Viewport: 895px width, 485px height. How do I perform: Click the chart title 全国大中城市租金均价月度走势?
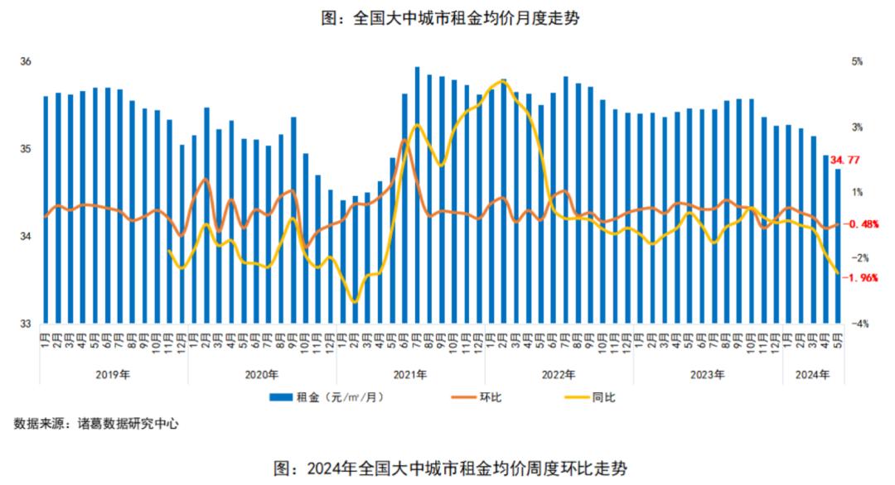(448, 18)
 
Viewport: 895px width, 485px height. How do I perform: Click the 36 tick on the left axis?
(25, 62)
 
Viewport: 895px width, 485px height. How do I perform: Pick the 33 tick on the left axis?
(25, 324)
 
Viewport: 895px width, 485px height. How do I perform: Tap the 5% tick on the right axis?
(856, 62)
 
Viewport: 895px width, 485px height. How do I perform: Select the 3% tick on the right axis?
(856, 127)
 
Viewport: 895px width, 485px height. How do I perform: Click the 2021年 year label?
(410, 375)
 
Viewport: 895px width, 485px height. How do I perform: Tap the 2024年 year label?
(812, 375)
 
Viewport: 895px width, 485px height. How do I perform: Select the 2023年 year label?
(708, 375)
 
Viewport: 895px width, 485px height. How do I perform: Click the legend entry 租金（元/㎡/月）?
(327, 398)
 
